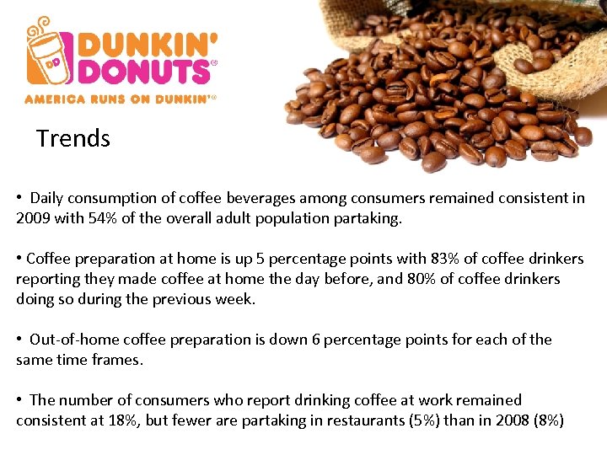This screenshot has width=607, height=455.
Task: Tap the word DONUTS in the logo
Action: tap(143, 72)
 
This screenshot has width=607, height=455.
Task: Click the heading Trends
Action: tap(73, 138)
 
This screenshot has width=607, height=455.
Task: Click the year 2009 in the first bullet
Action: tap(33, 218)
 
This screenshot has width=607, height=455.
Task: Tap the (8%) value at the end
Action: tap(549, 420)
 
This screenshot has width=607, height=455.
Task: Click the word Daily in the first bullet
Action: tap(48, 198)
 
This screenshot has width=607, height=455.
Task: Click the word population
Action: tap(277, 218)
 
